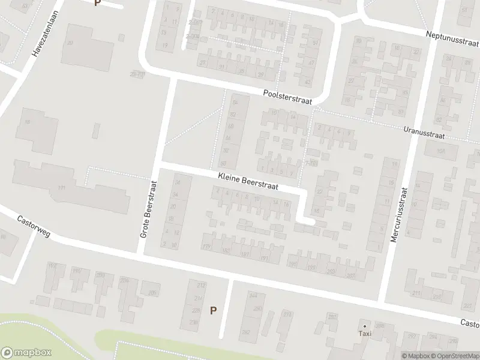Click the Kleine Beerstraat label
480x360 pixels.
248,179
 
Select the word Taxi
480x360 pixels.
365,334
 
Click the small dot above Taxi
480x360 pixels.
365,326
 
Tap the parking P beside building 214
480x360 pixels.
212,310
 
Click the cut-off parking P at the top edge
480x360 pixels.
97,2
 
